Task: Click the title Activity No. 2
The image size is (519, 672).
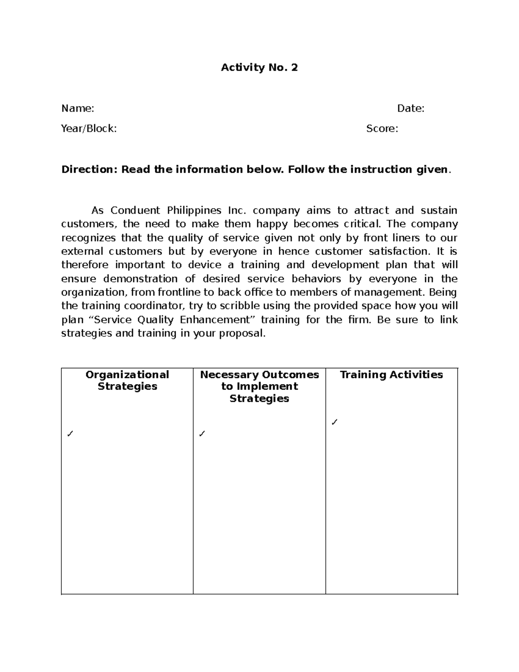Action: coord(259,68)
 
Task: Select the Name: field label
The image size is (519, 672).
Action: coord(78,109)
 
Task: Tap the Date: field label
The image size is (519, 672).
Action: coord(410,109)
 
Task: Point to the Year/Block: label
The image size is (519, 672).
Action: coord(89,129)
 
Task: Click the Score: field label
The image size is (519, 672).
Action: coord(382,129)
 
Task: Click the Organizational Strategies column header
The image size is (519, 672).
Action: coord(127,380)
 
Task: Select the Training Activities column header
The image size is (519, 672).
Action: coord(391,375)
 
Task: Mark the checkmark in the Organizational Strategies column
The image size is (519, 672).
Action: coord(70,434)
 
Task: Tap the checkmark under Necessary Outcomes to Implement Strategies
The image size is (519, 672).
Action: coord(202,434)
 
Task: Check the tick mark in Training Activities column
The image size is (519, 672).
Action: coord(333,422)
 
